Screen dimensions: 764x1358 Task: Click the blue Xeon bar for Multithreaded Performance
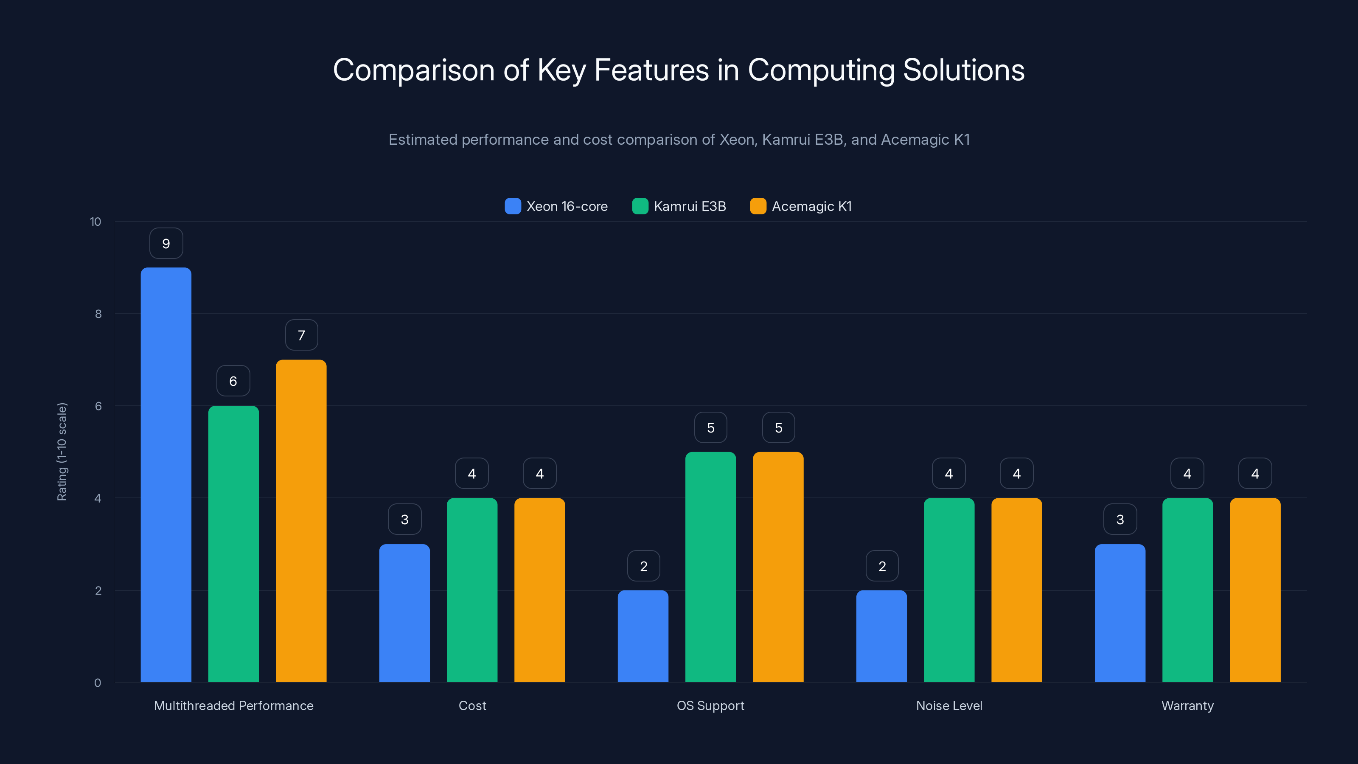pyautogui.click(x=166, y=475)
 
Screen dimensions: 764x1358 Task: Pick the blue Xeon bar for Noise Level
pyautogui.click(x=881, y=636)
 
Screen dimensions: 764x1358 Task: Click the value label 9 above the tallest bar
pyautogui.click(x=166, y=244)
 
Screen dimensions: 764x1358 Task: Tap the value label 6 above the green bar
pyautogui.click(x=233, y=381)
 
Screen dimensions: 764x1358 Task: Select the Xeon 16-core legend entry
pyautogui.click(x=556, y=206)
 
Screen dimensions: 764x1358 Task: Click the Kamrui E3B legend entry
pyautogui.click(x=679, y=206)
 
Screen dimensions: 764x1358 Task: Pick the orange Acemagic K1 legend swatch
pyautogui.click(x=758, y=206)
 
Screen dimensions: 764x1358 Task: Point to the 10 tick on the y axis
pyautogui.click(x=95, y=222)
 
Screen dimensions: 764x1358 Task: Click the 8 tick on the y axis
pyautogui.click(x=98, y=314)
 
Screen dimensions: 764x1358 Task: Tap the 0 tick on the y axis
pyautogui.click(x=98, y=683)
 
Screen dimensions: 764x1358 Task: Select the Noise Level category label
pyautogui.click(x=949, y=705)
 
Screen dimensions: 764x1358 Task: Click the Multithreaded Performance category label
pyautogui.click(x=233, y=705)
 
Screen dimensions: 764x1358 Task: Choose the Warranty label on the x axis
pyautogui.click(x=1187, y=705)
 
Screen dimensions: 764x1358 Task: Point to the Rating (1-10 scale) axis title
pyautogui.click(x=62, y=452)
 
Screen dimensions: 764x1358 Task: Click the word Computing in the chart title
pyautogui.click(x=821, y=70)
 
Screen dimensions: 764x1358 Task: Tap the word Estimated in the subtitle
pyautogui.click(x=423, y=140)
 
